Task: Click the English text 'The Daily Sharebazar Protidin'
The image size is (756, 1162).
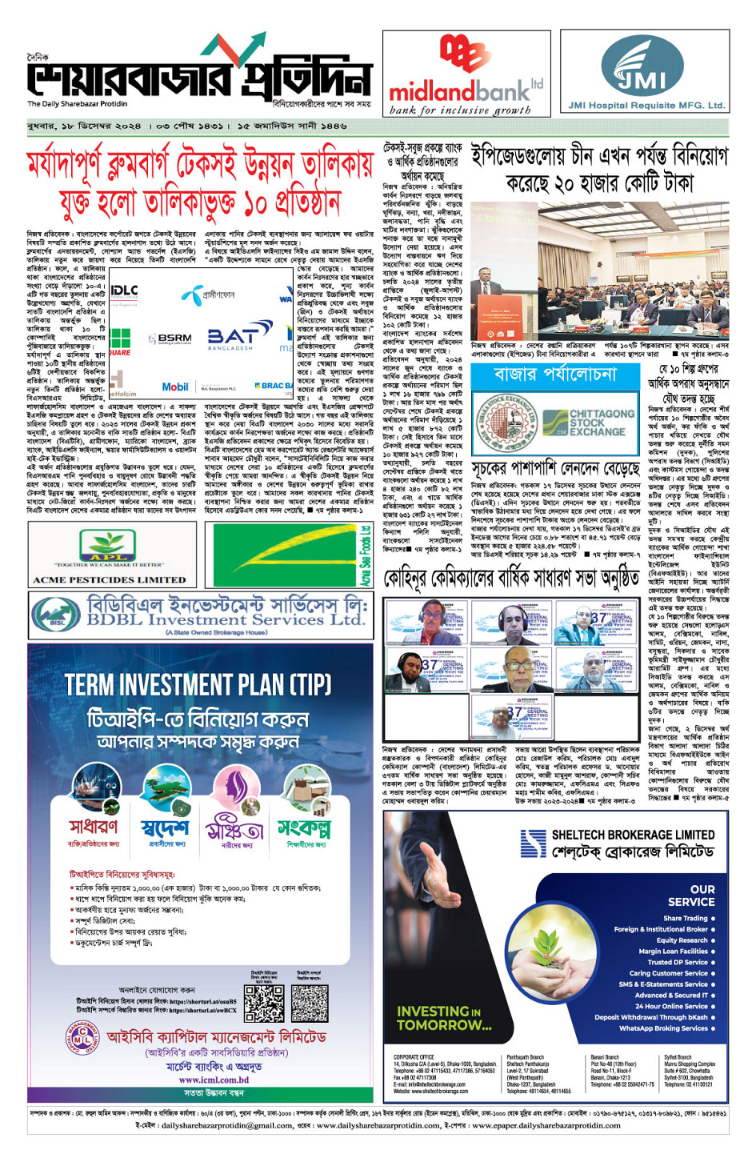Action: click(x=77, y=104)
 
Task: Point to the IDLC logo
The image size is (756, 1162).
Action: click(x=123, y=291)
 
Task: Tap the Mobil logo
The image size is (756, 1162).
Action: click(x=175, y=387)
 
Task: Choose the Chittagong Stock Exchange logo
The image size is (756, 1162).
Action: click(x=588, y=422)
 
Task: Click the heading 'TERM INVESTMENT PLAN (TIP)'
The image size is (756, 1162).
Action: click(x=198, y=684)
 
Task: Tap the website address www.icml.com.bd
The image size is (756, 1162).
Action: click(x=213, y=1080)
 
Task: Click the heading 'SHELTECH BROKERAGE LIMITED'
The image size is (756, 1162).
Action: click(x=633, y=835)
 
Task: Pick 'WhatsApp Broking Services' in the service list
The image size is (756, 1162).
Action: click(x=663, y=1028)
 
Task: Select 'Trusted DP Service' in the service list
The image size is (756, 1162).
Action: click(x=677, y=962)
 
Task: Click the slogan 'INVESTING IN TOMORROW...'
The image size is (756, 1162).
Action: click(x=444, y=1018)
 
